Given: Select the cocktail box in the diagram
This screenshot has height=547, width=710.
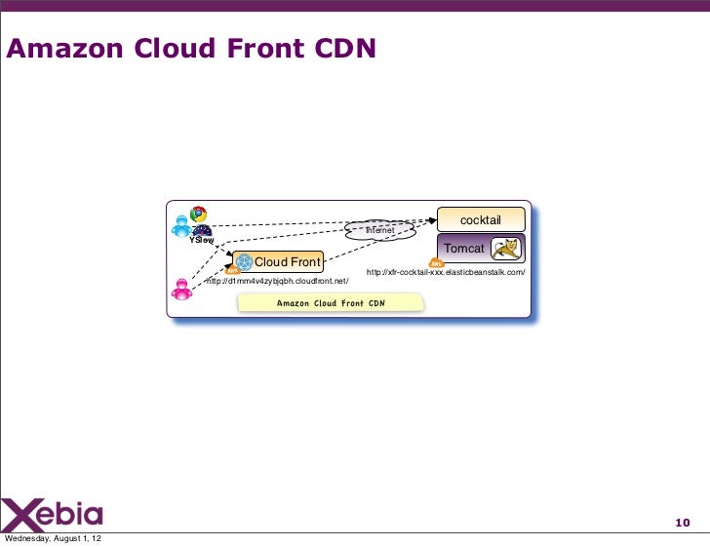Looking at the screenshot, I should coord(480,219).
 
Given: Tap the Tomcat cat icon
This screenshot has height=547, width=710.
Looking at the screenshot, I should coord(505,250).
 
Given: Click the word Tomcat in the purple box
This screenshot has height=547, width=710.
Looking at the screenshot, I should coord(463,249).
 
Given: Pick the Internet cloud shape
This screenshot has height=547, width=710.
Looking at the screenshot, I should coord(379,230).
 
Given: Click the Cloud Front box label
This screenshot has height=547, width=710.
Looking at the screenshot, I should coord(287,261).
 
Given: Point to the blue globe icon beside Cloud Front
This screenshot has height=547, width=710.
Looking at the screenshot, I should coord(244,261).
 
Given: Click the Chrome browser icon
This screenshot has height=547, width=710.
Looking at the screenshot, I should coord(198,214).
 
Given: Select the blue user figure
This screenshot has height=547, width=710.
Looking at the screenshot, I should coord(180,225).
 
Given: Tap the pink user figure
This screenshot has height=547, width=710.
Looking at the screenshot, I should coord(181,290).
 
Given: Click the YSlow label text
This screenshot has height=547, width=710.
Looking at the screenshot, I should coord(202,240).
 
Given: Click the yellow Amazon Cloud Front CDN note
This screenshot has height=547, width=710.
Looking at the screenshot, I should coord(331,302).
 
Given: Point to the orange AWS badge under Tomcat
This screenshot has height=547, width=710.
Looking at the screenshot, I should coord(437,263).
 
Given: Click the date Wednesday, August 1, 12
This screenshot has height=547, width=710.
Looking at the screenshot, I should coord(57,539).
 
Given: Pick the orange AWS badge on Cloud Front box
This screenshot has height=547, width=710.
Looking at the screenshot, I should coord(232,271).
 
